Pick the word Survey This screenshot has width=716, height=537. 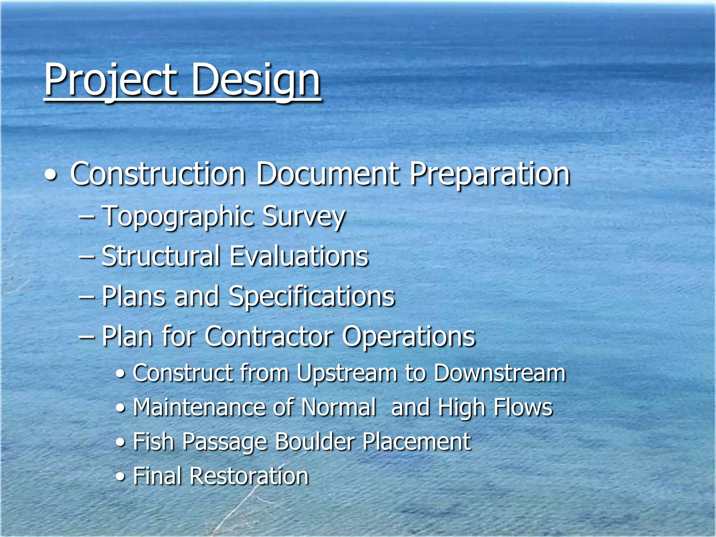[x=303, y=217]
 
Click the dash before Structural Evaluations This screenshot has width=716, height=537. [x=86, y=257]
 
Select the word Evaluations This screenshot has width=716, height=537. [x=299, y=257]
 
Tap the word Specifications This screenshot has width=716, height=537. [x=312, y=296]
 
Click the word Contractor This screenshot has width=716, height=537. [x=269, y=336]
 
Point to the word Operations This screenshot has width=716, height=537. [x=409, y=336]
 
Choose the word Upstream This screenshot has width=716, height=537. [x=347, y=373]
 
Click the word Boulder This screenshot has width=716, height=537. [x=315, y=442]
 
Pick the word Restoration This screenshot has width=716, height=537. [x=249, y=476]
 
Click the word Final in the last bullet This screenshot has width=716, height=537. [x=157, y=476]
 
